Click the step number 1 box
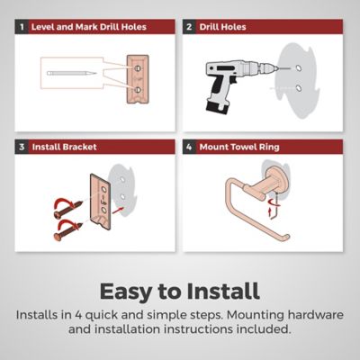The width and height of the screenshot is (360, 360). tap(22, 27)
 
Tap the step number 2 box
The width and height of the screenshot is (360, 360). tap(189, 27)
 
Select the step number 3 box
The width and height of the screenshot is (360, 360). tap(22, 147)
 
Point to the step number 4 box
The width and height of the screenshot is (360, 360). tap(189, 147)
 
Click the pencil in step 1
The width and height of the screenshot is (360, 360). tap(72, 73)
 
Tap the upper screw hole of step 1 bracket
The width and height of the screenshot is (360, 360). tap(138, 68)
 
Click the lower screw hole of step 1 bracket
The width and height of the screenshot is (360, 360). tap(138, 89)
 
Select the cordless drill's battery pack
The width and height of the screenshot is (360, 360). tap(216, 107)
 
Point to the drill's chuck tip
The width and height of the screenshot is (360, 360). tap(276, 68)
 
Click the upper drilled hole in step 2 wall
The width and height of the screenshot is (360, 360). tap(299, 67)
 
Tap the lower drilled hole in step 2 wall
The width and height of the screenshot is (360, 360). tap(299, 88)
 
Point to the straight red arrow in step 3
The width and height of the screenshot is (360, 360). tap(118, 210)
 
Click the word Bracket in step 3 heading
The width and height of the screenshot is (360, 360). tap(79, 147)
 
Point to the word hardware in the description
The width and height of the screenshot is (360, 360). tap(315, 315)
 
